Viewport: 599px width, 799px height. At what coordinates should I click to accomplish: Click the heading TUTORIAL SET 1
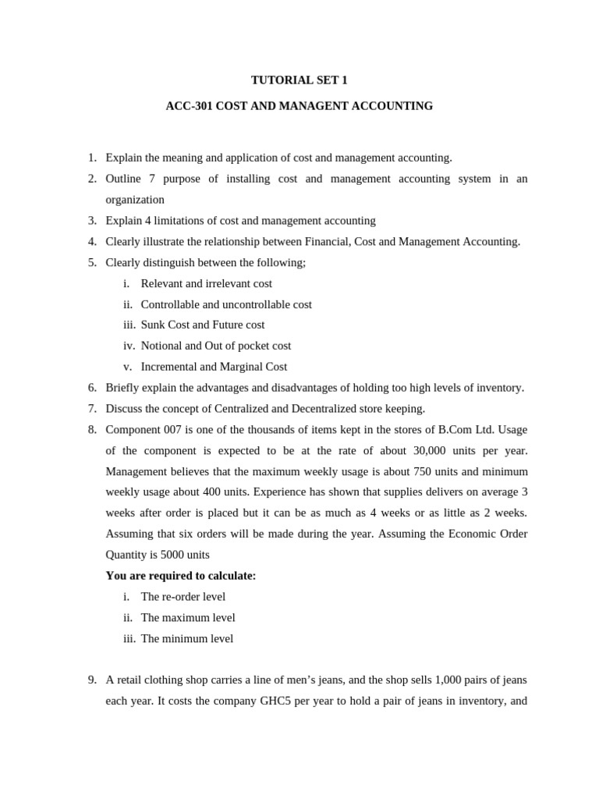click(299, 80)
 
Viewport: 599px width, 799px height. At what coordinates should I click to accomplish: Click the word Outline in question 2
click(123, 179)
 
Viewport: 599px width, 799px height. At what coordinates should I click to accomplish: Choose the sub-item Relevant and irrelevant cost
click(206, 283)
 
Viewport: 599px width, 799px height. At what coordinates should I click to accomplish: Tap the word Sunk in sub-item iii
click(153, 325)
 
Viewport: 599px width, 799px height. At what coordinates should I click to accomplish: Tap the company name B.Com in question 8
click(456, 430)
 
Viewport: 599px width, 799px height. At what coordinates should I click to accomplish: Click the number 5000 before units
click(174, 555)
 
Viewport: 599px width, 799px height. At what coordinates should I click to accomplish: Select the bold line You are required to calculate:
click(181, 576)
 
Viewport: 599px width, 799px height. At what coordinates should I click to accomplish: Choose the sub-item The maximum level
click(187, 618)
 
